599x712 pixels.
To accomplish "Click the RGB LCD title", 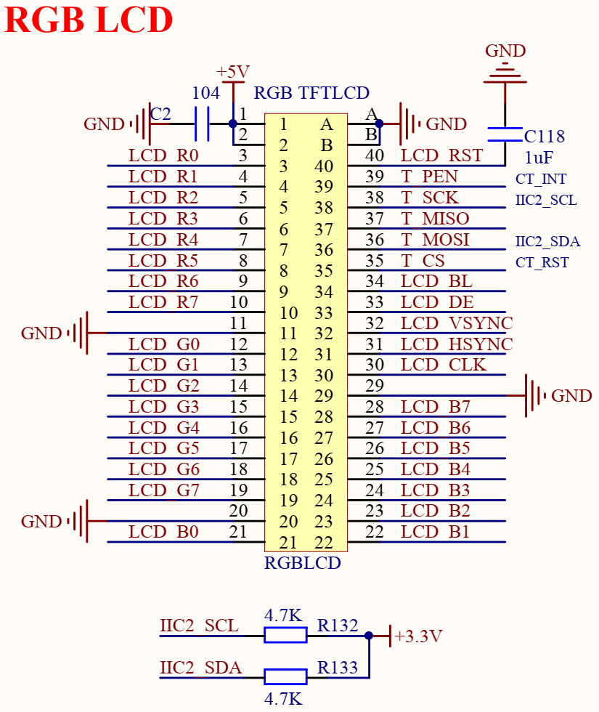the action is pyautogui.click(x=89, y=20).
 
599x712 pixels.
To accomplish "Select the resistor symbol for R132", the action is pyautogui.click(x=285, y=635).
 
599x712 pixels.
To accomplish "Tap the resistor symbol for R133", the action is pyautogui.click(x=285, y=676).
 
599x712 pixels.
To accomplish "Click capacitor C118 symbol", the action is pyautogui.click(x=505, y=134).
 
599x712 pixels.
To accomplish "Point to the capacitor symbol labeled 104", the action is pyautogui.click(x=202, y=124).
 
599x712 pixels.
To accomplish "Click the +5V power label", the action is pyautogui.click(x=233, y=72).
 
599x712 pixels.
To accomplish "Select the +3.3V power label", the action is pyautogui.click(x=418, y=636).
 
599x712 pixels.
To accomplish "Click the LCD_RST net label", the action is pyautogui.click(x=441, y=155).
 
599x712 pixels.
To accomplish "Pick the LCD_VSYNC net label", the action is pyautogui.click(x=457, y=323).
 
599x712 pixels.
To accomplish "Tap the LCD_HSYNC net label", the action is pyautogui.click(x=457, y=344).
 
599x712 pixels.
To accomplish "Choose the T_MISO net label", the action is pyautogui.click(x=435, y=219).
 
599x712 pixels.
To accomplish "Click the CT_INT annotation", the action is pyautogui.click(x=541, y=179).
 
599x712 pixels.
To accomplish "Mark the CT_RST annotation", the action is pyautogui.click(x=542, y=262).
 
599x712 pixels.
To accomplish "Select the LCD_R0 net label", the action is pyautogui.click(x=163, y=155).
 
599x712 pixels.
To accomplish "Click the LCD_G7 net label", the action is pyautogui.click(x=163, y=490).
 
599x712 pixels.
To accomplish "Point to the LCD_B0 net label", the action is pyautogui.click(x=163, y=532).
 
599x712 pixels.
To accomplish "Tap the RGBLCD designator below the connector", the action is pyautogui.click(x=302, y=563).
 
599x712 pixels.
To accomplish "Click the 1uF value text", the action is pyautogui.click(x=539, y=158).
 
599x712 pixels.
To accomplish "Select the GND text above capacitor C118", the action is pyautogui.click(x=505, y=50).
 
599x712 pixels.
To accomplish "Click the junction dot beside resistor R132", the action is pyautogui.click(x=369, y=635).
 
